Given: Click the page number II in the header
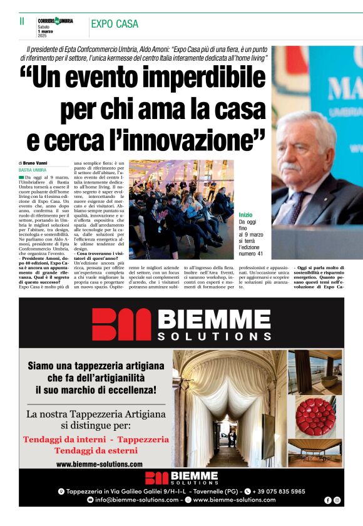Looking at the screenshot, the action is click(x=23, y=21).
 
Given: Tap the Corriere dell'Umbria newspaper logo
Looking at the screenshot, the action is click(x=55, y=21).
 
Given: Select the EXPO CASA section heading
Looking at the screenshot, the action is click(x=115, y=24).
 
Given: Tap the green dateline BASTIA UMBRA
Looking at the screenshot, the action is click(x=33, y=170).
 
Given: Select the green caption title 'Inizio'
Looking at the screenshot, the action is click(x=246, y=215).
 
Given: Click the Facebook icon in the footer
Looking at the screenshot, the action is click(x=328, y=500).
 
